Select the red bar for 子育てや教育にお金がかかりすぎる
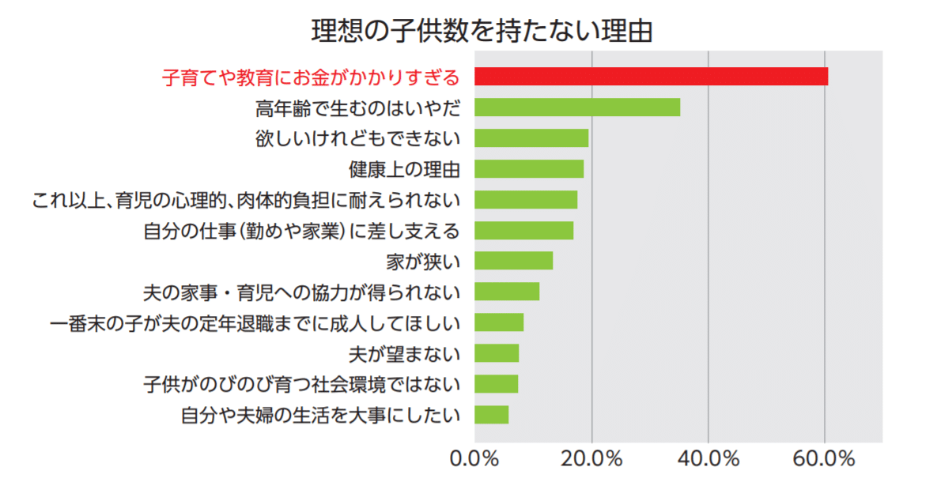tap(651, 77)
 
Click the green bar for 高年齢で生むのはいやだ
tap(577, 107)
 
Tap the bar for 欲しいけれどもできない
tap(531, 138)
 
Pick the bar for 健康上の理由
tap(529, 169)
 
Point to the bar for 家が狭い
tap(513, 261)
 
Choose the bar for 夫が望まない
tap(497, 353)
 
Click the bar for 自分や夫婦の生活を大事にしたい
tap(491, 415)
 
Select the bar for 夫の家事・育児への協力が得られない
tap(507, 292)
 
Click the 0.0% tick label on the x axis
tap(474, 459)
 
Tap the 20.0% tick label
tap(591, 459)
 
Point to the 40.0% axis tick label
tap(708, 459)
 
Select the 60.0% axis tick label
tap(825, 459)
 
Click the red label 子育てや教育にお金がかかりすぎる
tap(311, 77)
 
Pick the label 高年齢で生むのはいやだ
tap(357, 107)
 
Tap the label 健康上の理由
tap(404, 169)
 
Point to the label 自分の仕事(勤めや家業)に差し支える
tap(302, 231)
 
